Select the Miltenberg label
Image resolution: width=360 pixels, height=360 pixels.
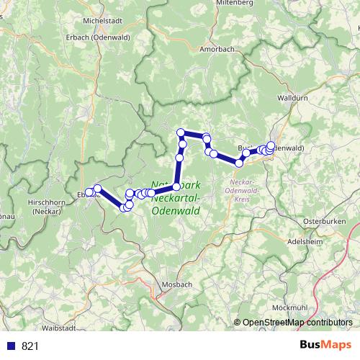(x=233, y=4)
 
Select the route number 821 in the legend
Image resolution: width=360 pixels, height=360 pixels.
(x=30, y=346)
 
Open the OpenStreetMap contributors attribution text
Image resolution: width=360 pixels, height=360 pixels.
(x=297, y=323)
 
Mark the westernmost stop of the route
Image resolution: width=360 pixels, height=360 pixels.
(x=87, y=192)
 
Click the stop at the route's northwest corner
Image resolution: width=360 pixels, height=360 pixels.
(x=181, y=132)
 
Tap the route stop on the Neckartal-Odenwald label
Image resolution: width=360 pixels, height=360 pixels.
(x=176, y=186)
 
